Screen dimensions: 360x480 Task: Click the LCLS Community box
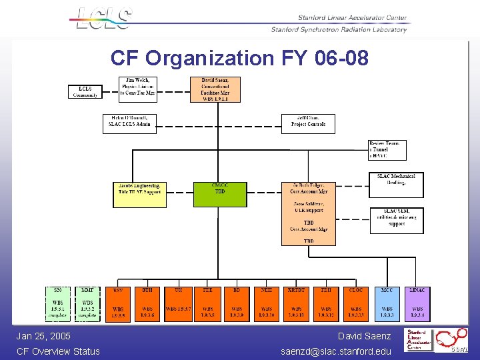(85, 92)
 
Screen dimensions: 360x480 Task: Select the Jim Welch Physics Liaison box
(138, 87)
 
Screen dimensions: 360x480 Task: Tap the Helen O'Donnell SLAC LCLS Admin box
(130, 124)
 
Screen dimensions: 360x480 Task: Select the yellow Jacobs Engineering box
(140, 193)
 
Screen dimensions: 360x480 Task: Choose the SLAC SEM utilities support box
(397, 220)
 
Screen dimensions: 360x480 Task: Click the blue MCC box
(387, 304)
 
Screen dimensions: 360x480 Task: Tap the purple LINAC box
(417, 304)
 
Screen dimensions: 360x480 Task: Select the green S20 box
(58, 304)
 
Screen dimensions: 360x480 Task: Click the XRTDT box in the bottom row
(297, 304)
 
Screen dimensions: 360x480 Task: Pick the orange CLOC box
(356, 304)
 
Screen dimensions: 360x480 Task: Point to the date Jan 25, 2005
(43, 336)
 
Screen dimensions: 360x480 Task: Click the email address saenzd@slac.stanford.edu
(335, 351)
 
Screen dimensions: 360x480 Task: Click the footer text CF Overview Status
(58, 351)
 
